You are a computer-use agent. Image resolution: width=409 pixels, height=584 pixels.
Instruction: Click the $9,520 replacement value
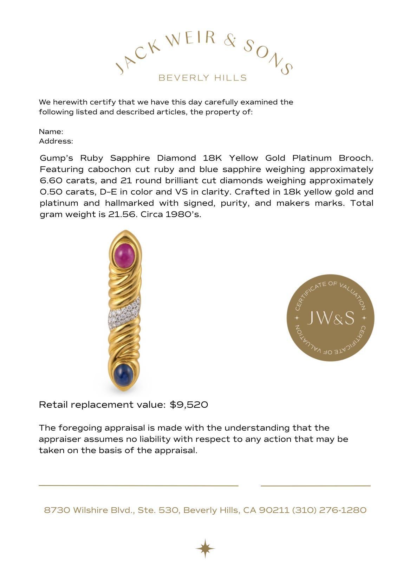[189, 405]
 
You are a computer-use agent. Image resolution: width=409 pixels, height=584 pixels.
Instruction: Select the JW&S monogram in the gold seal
[331, 318]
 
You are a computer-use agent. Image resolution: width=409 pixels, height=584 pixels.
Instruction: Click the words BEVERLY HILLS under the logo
[203, 78]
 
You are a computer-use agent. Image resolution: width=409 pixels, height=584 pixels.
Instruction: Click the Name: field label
[51, 132]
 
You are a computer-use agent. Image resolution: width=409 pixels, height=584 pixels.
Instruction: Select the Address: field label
[56, 141]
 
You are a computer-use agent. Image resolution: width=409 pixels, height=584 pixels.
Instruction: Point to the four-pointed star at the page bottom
[205, 548]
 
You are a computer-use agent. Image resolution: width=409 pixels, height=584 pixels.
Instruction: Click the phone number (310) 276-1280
[329, 510]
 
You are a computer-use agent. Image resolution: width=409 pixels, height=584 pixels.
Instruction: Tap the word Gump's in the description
[56, 158]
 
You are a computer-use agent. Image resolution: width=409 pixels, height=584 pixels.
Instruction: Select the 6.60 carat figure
[50, 180]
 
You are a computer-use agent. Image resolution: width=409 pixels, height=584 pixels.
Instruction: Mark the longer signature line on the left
[138, 485]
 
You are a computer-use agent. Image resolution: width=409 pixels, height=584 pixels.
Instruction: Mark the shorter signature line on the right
[316, 485]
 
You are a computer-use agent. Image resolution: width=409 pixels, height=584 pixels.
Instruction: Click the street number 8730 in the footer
[57, 510]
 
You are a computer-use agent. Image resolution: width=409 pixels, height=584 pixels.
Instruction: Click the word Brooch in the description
[356, 158]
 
